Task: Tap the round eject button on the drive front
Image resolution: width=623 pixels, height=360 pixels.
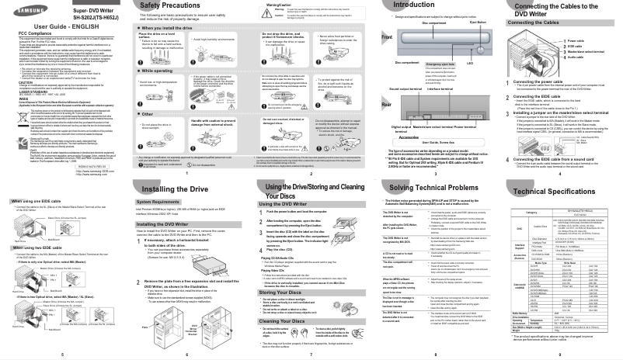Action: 481,41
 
